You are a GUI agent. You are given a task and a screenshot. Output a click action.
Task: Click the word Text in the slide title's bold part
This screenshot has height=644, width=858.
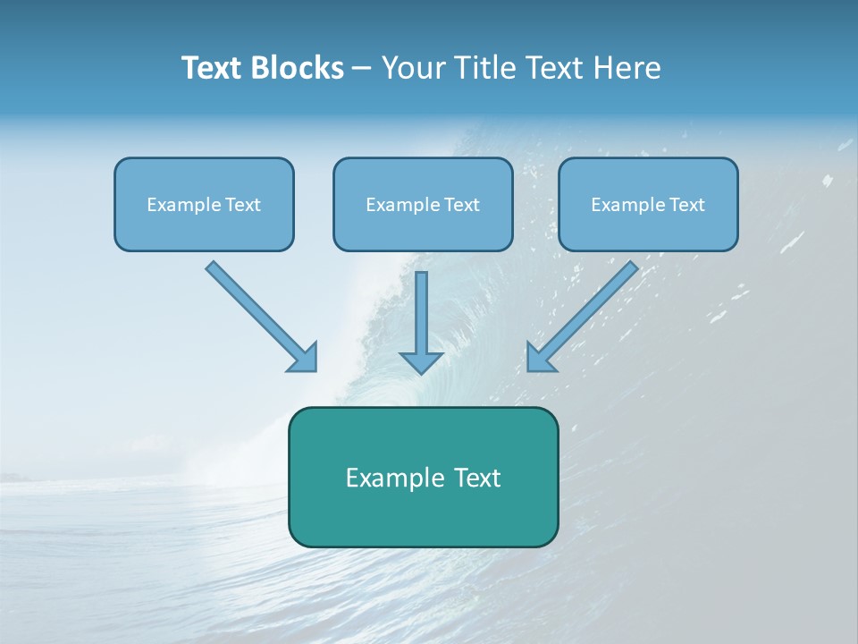pyautogui.click(x=212, y=68)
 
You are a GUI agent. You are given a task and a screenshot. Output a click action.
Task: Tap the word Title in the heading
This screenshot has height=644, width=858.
pyautogui.click(x=484, y=68)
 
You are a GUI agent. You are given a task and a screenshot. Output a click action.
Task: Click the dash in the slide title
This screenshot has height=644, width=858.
pyautogui.click(x=362, y=69)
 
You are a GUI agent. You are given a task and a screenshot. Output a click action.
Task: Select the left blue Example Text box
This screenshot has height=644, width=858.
pyautogui.click(x=204, y=204)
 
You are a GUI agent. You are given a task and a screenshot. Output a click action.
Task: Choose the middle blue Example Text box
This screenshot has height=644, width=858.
pyautogui.click(x=423, y=204)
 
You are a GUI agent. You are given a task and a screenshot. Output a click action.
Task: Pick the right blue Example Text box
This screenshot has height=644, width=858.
pyautogui.click(x=648, y=204)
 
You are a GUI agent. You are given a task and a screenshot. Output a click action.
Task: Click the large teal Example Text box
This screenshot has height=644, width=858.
pyautogui.click(x=423, y=477)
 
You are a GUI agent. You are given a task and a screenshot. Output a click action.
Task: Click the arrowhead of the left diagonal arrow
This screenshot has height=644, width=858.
pyautogui.click(x=304, y=358)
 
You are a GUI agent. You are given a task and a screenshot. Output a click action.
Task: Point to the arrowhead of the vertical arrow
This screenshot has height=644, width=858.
pyautogui.click(x=422, y=361)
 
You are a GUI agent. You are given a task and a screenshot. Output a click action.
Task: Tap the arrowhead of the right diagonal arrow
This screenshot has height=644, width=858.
pyautogui.click(x=540, y=358)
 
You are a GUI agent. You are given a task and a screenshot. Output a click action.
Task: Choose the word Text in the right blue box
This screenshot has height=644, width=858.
pyautogui.click(x=686, y=205)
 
